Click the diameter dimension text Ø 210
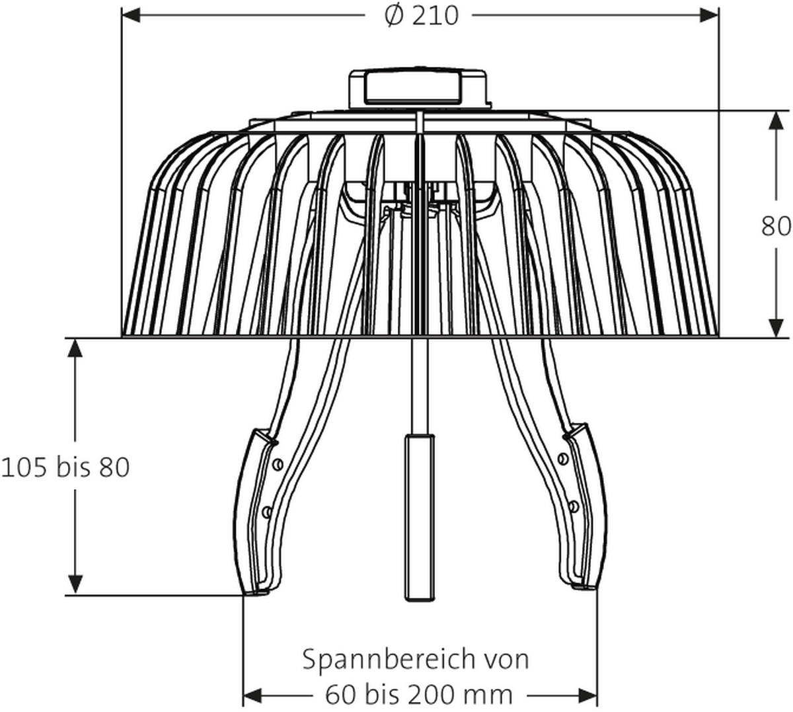pos(421,15)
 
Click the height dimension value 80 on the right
pos(776,226)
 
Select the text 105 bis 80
pos(65,467)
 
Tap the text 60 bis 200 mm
pos(419,694)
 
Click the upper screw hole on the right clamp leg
pos(562,458)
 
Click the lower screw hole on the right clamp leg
pos(574,506)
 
